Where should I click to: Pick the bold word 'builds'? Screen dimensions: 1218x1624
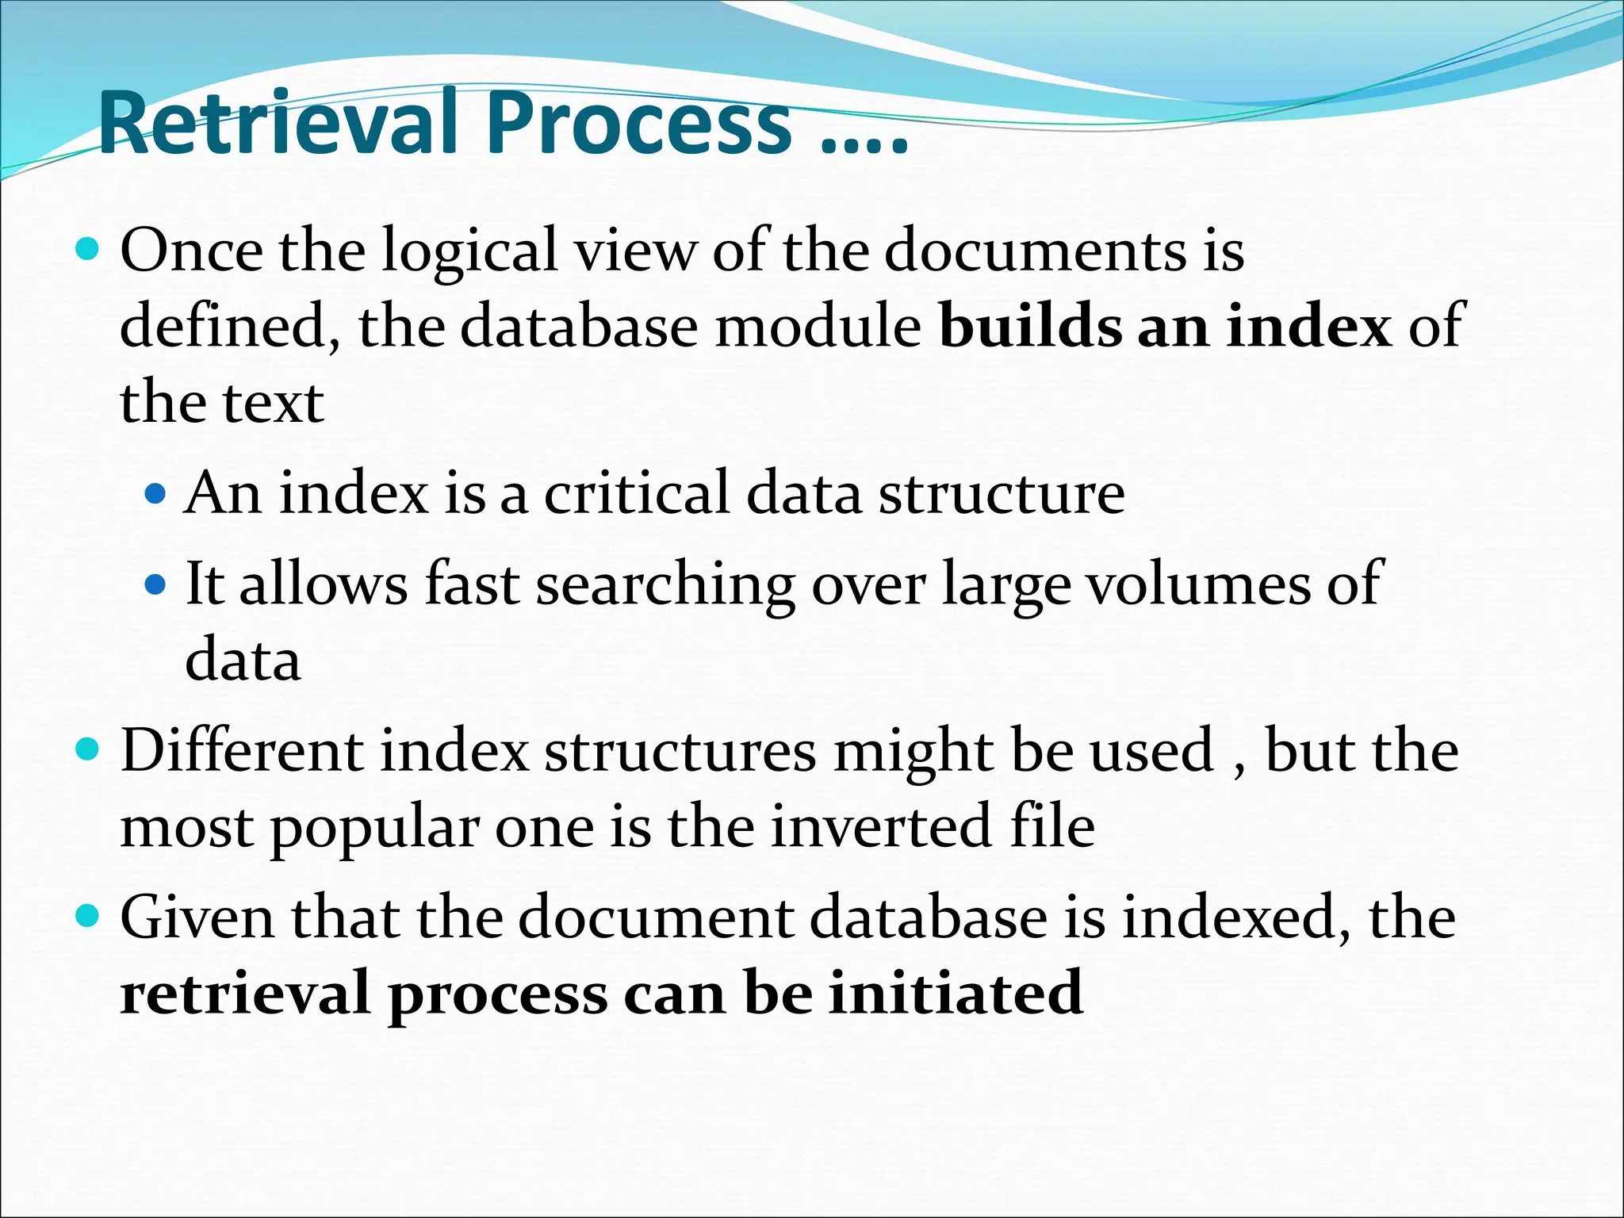click(1030, 326)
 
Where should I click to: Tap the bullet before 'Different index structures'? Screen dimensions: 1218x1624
click(87, 749)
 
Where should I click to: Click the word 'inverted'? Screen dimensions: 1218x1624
click(881, 826)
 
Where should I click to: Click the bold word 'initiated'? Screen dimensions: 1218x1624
click(956, 993)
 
